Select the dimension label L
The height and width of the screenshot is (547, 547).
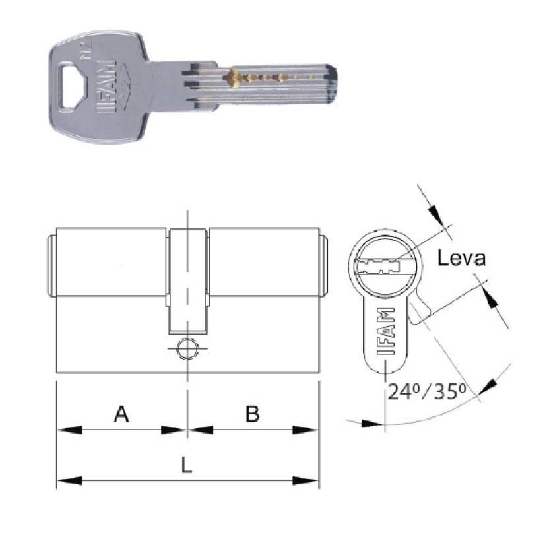tap(187, 465)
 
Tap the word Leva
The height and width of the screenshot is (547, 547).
tap(462, 258)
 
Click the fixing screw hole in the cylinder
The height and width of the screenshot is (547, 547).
tap(188, 349)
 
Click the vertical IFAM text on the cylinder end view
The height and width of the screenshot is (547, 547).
tap(385, 331)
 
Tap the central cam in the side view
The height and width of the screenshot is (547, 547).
tap(188, 280)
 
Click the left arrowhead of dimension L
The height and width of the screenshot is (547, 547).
tap(66, 480)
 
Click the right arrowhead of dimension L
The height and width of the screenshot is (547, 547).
tap(309, 480)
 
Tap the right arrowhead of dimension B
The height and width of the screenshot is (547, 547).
tap(309, 430)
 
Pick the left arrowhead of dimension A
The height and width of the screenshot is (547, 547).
tap(66, 430)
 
